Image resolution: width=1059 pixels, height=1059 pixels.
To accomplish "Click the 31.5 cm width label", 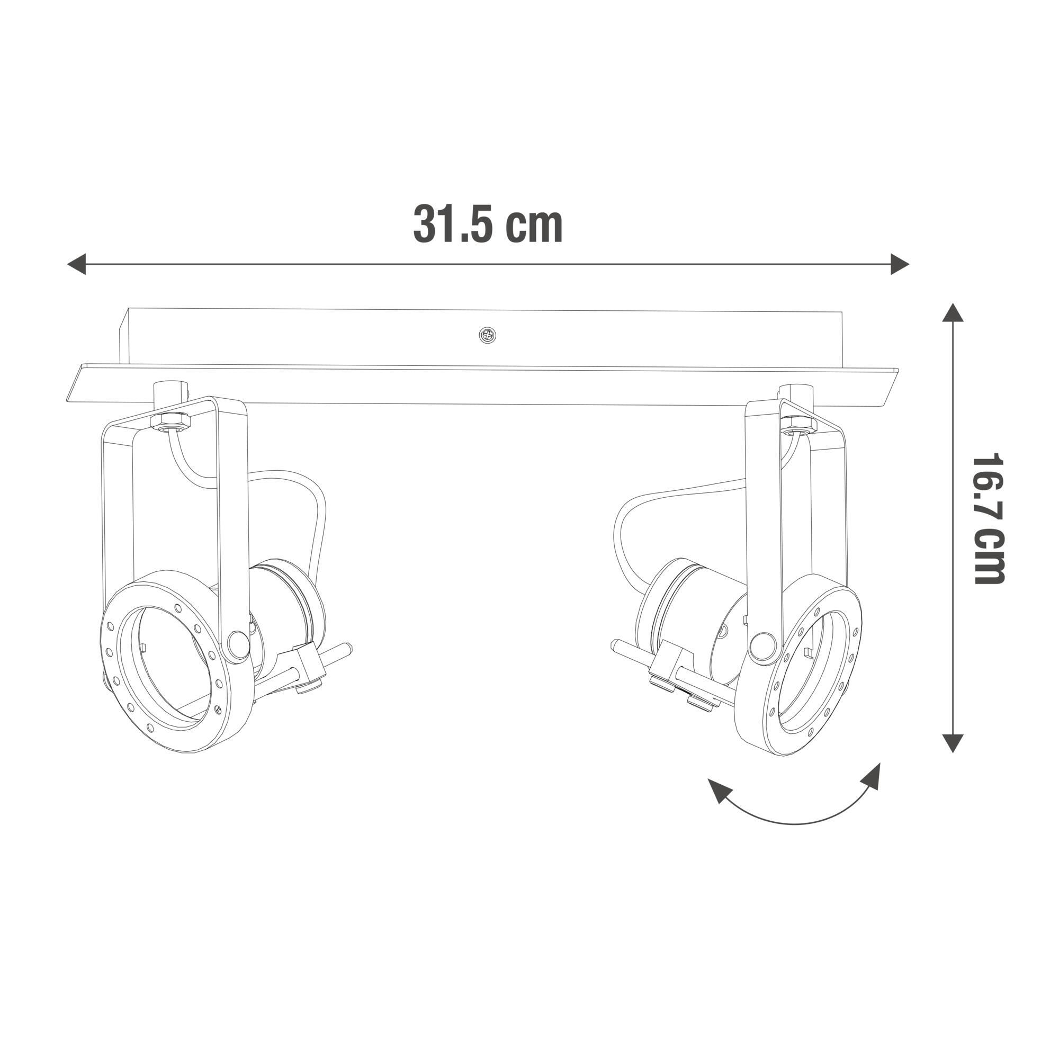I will (x=487, y=223).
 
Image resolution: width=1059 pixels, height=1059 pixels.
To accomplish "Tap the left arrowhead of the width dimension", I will (x=77, y=264).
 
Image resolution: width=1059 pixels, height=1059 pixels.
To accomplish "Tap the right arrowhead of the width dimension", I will (x=900, y=264).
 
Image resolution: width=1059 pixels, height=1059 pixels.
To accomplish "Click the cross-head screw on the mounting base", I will (x=487, y=336).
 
